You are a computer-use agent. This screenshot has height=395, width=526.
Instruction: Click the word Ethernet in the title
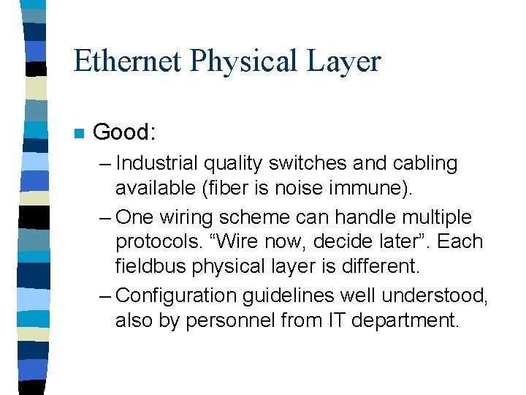[128, 61]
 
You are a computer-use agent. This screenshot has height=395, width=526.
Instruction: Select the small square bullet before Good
[78, 134]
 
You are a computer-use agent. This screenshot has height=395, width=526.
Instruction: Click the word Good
[124, 132]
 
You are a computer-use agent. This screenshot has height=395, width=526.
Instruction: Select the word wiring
[183, 217]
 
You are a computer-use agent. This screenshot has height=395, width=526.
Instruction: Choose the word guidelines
[299, 295]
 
